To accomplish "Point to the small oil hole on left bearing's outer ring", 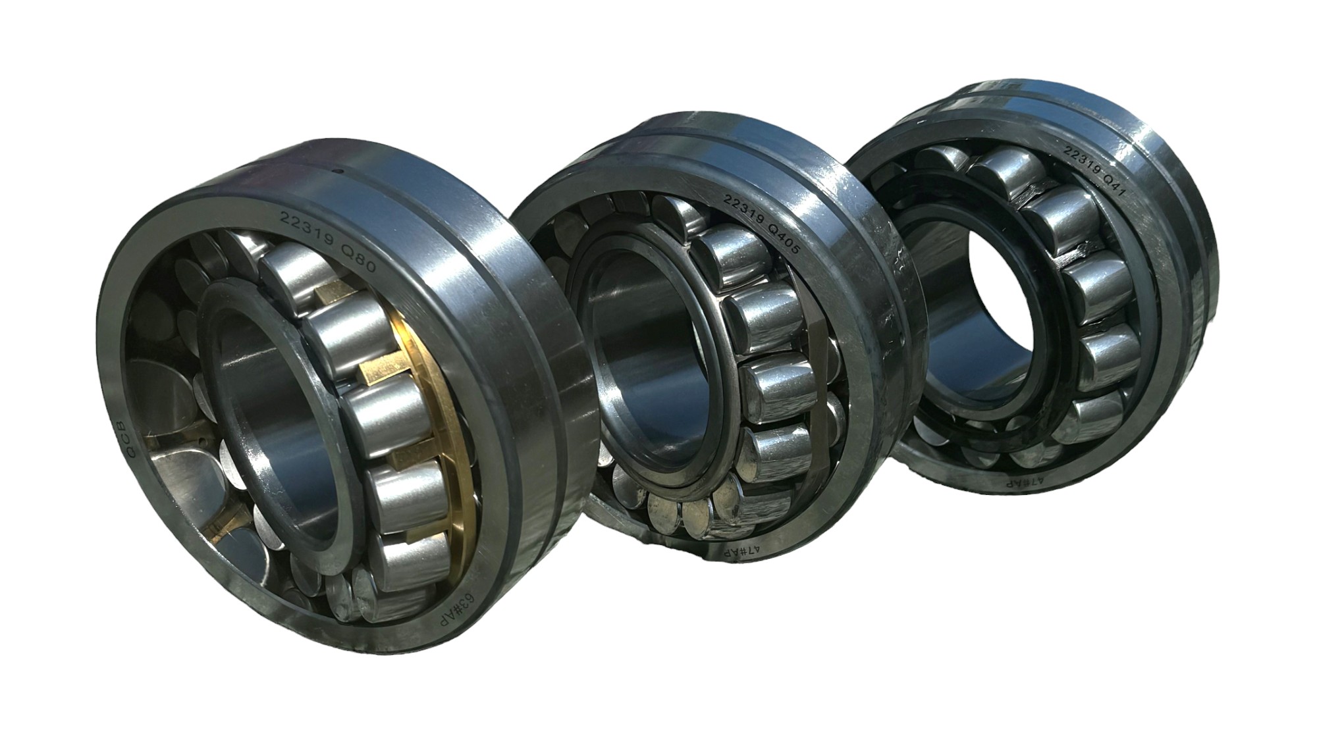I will pyautogui.click(x=338, y=172).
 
